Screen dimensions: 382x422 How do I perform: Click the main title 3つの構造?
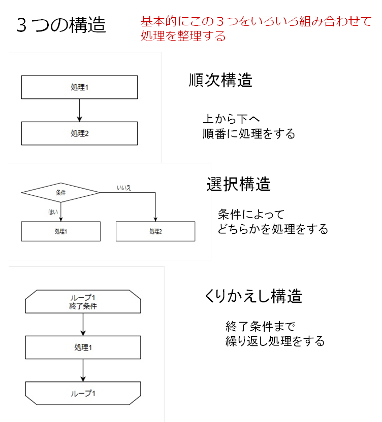point(61,25)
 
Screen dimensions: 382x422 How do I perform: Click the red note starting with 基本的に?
point(256,28)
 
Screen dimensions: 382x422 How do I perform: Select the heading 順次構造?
point(220,80)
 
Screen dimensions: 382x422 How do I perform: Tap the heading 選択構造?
point(239,184)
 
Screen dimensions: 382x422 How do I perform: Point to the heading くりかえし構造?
point(253,296)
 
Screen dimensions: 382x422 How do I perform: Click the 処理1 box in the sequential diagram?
point(80,87)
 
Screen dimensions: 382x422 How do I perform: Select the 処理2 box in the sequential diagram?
point(80,133)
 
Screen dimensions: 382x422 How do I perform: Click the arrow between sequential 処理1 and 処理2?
point(80,111)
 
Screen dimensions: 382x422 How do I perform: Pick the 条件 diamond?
point(60,192)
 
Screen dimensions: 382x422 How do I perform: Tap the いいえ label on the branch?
point(124,188)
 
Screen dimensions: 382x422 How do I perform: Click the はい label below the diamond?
point(53,212)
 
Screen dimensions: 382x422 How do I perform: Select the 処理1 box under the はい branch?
point(61,231)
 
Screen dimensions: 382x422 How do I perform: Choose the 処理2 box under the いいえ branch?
point(155,231)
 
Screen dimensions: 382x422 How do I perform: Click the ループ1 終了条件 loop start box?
point(83,302)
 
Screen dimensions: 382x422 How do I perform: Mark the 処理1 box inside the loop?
point(83,347)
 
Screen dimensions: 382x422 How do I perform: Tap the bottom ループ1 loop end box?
point(83,394)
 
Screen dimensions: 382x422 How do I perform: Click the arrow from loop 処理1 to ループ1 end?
point(83,370)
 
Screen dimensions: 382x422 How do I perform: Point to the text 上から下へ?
point(231,119)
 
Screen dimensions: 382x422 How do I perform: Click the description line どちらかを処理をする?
point(273,229)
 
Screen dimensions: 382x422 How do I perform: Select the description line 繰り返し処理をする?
point(275,341)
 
